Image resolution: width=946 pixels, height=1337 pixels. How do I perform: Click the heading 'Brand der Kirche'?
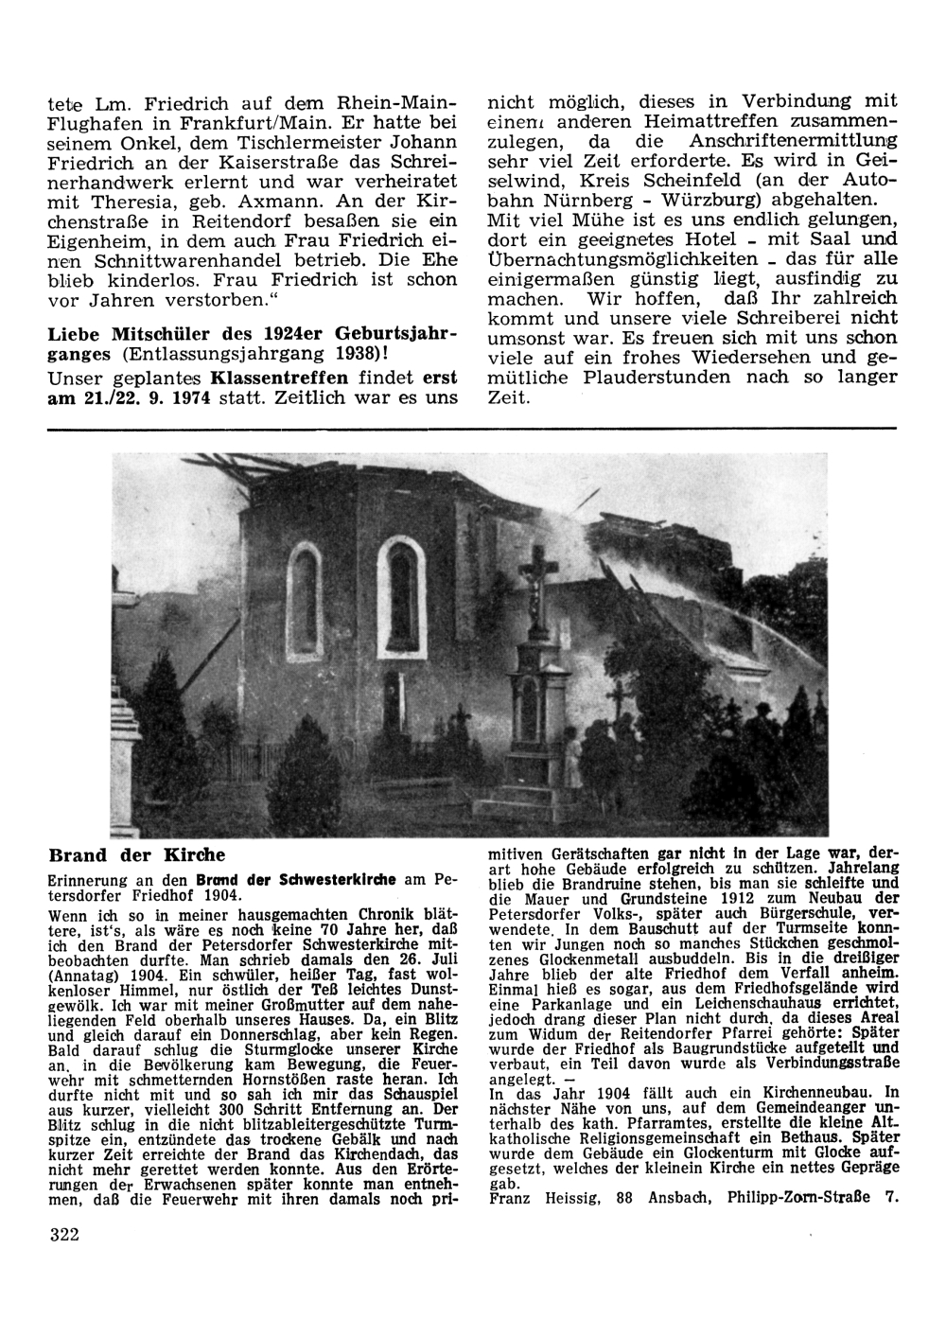point(136,855)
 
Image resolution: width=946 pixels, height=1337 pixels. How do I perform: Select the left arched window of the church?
point(304,587)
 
